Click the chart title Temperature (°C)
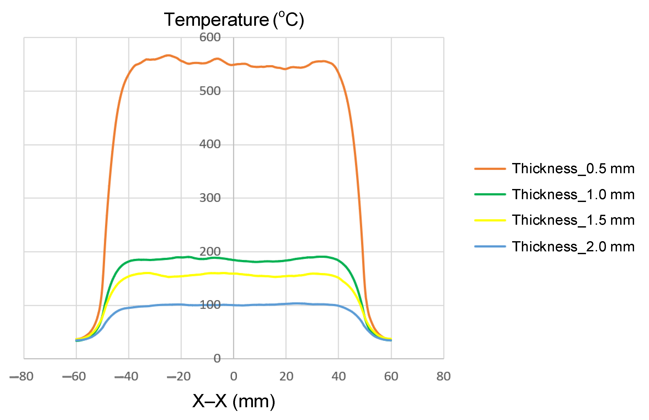pyautogui.click(x=234, y=20)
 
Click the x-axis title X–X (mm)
pyautogui.click(x=234, y=401)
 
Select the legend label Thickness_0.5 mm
pyautogui.click(x=573, y=168)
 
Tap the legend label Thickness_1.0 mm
pyautogui.click(x=573, y=195)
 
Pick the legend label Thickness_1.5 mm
pyautogui.click(x=573, y=220)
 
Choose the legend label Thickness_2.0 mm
pyautogui.click(x=573, y=246)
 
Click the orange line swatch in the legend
pyautogui.click(x=490, y=169)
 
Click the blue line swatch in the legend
pyautogui.click(x=490, y=246)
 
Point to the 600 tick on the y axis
pyautogui.click(x=210, y=37)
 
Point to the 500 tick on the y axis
pyautogui.click(x=210, y=91)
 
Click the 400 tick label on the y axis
pyautogui.click(x=210, y=144)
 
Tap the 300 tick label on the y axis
pyautogui.click(x=210, y=198)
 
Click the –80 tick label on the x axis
pyautogui.click(x=21, y=376)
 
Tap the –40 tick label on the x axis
pyautogui.click(x=126, y=376)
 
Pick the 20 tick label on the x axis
pyautogui.click(x=286, y=376)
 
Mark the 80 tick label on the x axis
pyautogui.click(x=443, y=376)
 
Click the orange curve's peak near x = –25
pyautogui.click(x=168, y=55)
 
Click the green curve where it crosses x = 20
pyautogui.click(x=286, y=261)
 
